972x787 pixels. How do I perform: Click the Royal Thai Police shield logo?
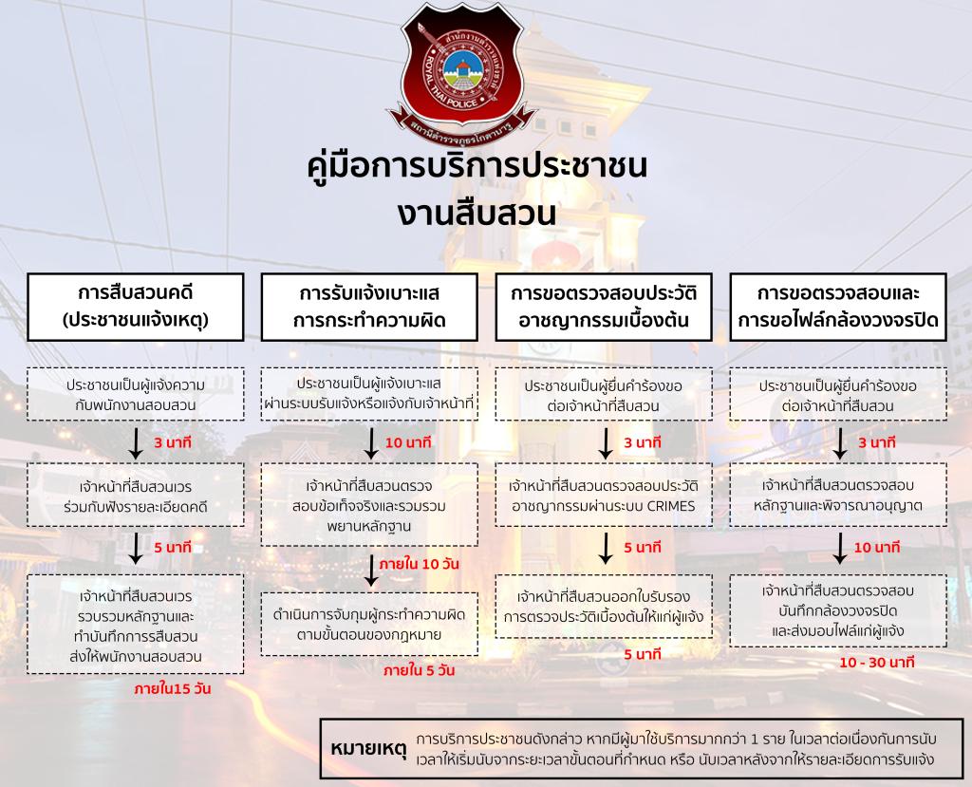click(x=461, y=71)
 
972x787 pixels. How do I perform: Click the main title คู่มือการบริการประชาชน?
click(x=478, y=165)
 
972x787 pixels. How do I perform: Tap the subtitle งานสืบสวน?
click(x=477, y=213)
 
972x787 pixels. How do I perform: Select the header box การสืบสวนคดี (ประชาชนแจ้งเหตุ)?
click(x=136, y=306)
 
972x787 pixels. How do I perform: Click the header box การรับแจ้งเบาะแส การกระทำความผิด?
click(x=369, y=306)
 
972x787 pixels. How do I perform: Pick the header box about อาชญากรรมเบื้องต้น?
click(x=604, y=306)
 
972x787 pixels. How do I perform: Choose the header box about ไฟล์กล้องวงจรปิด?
click(x=838, y=306)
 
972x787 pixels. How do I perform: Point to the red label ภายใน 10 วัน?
click(x=419, y=563)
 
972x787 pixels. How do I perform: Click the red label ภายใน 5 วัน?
click(x=419, y=670)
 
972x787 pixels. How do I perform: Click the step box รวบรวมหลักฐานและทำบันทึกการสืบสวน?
click(x=136, y=625)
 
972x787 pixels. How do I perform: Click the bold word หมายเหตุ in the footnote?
click(x=368, y=748)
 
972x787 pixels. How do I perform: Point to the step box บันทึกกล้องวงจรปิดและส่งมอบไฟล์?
click(x=838, y=609)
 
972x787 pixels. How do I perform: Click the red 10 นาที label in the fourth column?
click(x=876, y=548)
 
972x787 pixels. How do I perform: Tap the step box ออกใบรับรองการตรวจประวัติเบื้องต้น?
click(x=604, y=607)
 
